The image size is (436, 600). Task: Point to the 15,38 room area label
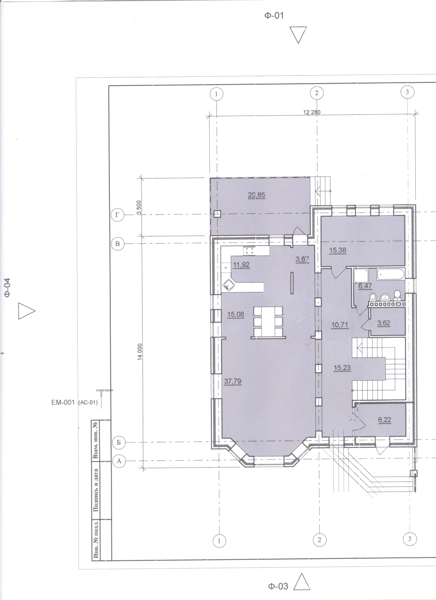338,250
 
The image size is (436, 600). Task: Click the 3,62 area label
384,323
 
